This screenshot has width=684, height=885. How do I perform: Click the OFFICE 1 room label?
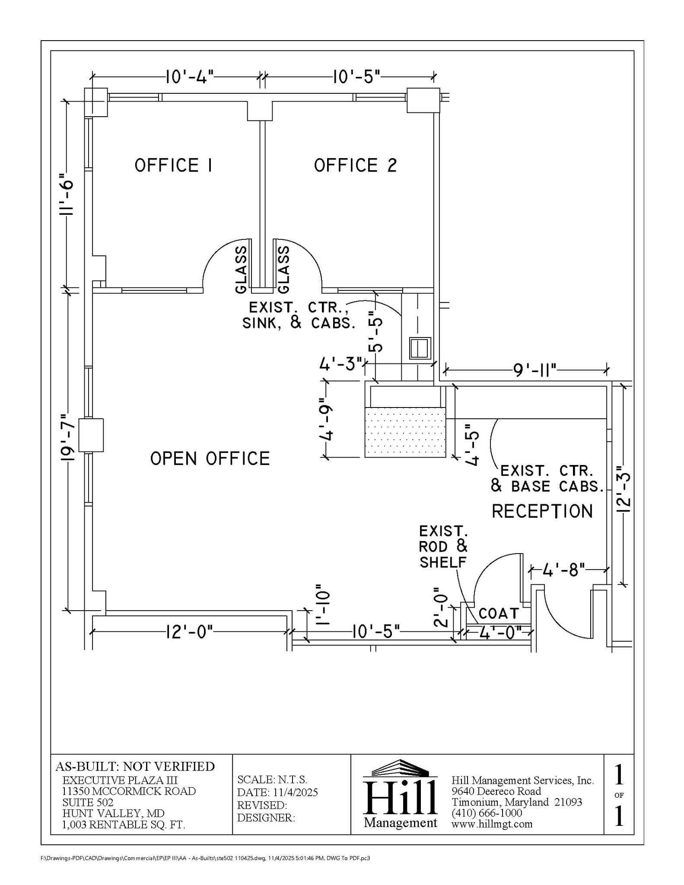tap(173, 165)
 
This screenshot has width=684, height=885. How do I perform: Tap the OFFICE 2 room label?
tap(355, 165)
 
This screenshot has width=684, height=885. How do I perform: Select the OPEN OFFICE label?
tap(210, 458)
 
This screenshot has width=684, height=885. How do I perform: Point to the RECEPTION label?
tap(542, 511)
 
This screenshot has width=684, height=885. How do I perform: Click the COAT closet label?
tap(499, 613)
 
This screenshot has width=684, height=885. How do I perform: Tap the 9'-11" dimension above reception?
tap(535, 370)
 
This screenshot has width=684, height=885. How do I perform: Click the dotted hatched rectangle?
tap(405, 432)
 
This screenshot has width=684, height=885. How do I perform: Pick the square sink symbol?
tap(420, 348)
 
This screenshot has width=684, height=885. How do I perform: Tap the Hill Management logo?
tap(400, 794)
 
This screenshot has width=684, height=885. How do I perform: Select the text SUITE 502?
tap(88, 802)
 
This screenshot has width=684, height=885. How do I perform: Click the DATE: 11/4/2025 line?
tap(277, 792)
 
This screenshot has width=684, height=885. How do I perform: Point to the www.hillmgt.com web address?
tap(492, 824)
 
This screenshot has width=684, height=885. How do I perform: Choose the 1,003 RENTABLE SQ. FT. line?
tap(124, 825)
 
